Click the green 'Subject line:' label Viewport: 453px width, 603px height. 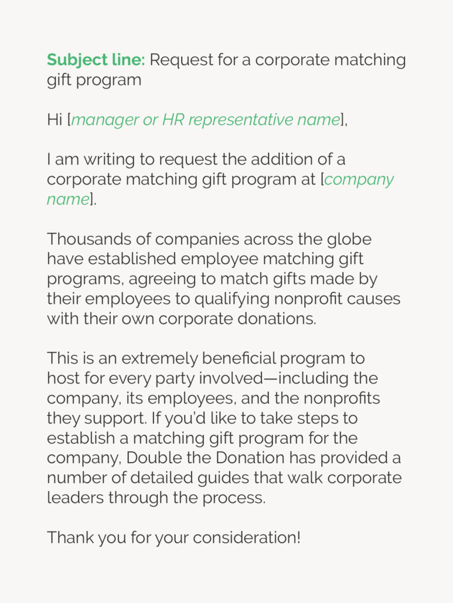coord(96,60)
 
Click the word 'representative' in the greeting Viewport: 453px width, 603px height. coord(240,120)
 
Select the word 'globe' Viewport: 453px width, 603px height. coord(349,239)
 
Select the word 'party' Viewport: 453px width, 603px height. coord(165,378)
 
